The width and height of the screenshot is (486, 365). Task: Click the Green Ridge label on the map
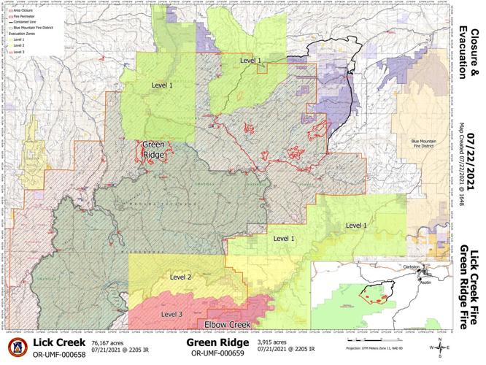(153, 149)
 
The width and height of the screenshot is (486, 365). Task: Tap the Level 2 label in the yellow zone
(180, 277)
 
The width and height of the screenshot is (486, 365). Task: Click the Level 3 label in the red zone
(171, 314)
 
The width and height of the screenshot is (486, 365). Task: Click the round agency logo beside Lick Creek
(18, 347)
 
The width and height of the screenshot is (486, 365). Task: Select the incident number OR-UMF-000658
(58, 354)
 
